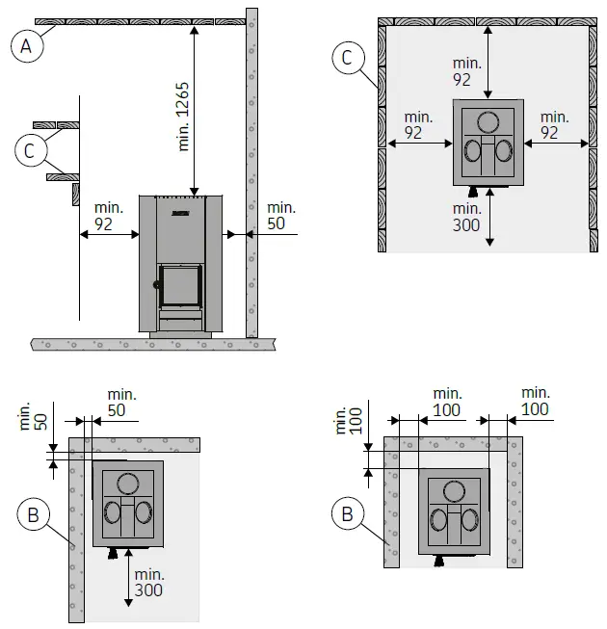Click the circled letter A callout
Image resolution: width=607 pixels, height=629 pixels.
[x=29, y=46]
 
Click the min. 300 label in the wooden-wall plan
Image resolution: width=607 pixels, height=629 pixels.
[x=467, y=217]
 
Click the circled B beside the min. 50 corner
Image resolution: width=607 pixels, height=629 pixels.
[x=32, y=515]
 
